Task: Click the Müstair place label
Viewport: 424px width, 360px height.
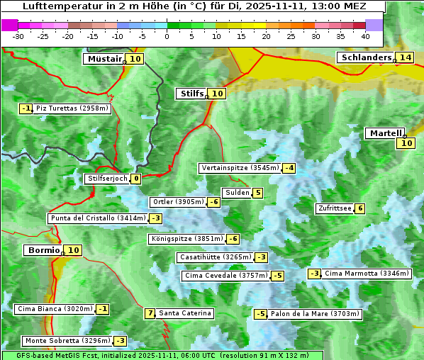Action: click(x=104, y=59)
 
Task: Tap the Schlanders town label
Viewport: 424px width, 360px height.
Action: click(x=365, y=57)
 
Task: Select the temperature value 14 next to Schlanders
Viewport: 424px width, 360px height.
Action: click(x=405, y=57)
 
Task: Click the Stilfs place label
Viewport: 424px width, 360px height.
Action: click(x=191, y=94)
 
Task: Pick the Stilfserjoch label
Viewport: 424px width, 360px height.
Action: click(x=107, y=179)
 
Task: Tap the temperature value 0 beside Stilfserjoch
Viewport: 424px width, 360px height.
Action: click(x=135, y=179)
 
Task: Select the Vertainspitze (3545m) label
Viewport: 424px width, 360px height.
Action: click(x=240, y=168)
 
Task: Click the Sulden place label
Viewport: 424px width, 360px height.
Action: click(x=237, y=193)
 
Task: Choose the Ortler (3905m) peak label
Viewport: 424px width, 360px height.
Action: click(x=178, y=202)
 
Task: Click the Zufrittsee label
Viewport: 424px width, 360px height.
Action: click(x=335, y=208)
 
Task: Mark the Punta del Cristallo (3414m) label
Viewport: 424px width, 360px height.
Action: click(x=98, y=218)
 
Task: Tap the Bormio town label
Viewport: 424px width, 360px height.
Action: click(x=43, y=250)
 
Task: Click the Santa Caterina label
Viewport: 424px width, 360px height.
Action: click(x=184, y=313)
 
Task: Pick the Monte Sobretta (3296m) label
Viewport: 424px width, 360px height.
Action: click(x=67, y=341)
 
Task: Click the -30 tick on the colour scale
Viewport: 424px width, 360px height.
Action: click(x=19, y=35)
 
